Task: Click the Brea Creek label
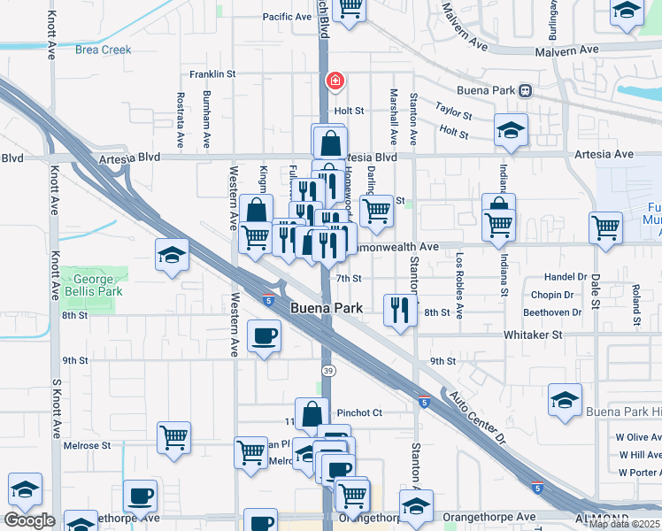pos(103,50)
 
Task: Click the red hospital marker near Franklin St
pos(335,82)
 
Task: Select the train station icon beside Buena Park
pos(526,90)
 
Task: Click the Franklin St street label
pos(215,75)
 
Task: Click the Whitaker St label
pos(533,335)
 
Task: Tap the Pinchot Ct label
pos(358,412)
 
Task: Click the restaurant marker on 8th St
pos(399,310)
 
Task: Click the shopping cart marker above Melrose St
pos(173,436)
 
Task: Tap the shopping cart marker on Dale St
pos(605,227)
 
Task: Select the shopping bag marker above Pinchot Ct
pos(312,413)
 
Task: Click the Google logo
pos(29,520)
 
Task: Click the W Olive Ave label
pos(640,436)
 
